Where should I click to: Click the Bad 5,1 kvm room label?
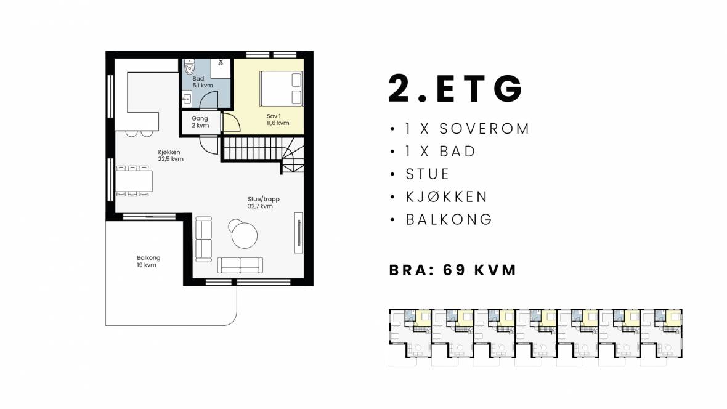coord(203,82)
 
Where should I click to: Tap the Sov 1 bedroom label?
coord(278,119)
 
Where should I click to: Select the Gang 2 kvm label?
coord(200,122)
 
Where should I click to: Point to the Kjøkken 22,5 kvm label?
coord(170,155)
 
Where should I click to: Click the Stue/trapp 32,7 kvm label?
coord(263,203)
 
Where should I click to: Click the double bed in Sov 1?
coord(282,89)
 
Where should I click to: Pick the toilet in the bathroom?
coord(190,68)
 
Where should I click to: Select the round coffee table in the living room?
coord(245,235)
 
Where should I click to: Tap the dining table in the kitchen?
coord(134,181)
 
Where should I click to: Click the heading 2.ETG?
coord(455,88)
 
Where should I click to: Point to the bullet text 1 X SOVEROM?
coord(467,129)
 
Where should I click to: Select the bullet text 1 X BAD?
coord(441,151)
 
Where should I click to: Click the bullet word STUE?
coord(428,174)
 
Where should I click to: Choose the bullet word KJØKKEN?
coord(447,196)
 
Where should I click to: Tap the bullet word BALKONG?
coord(449,219)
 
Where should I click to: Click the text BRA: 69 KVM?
coord(452,270)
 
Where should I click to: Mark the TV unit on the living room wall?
coord(299,232)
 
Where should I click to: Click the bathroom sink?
coord(187,99)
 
